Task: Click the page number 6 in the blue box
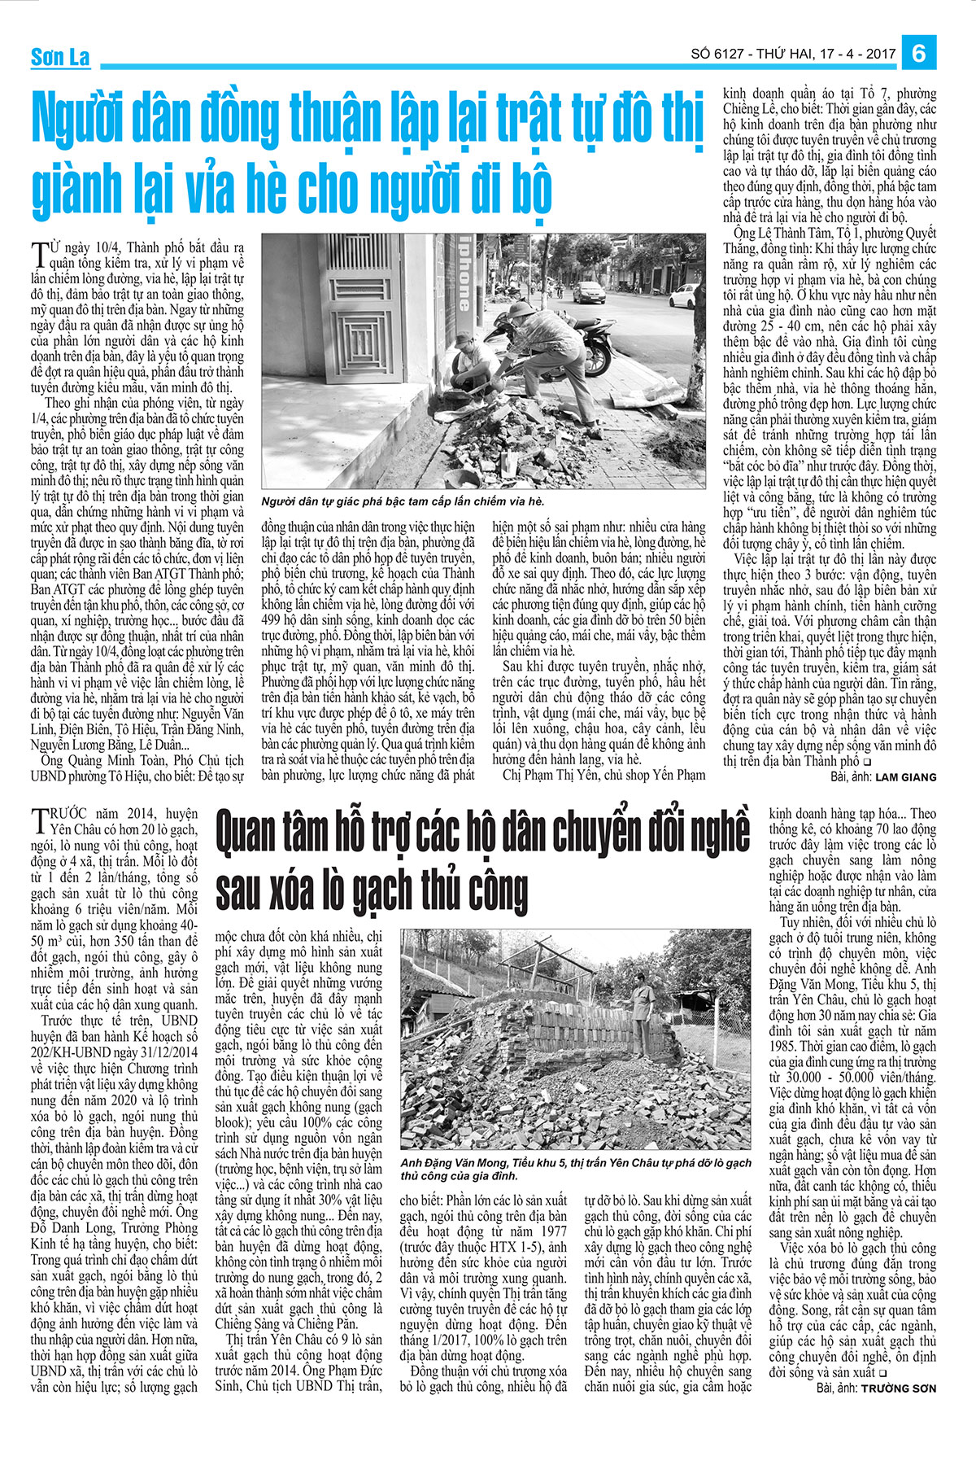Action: click(x=920, y=54)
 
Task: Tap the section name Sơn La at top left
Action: click(x=60, y=58)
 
